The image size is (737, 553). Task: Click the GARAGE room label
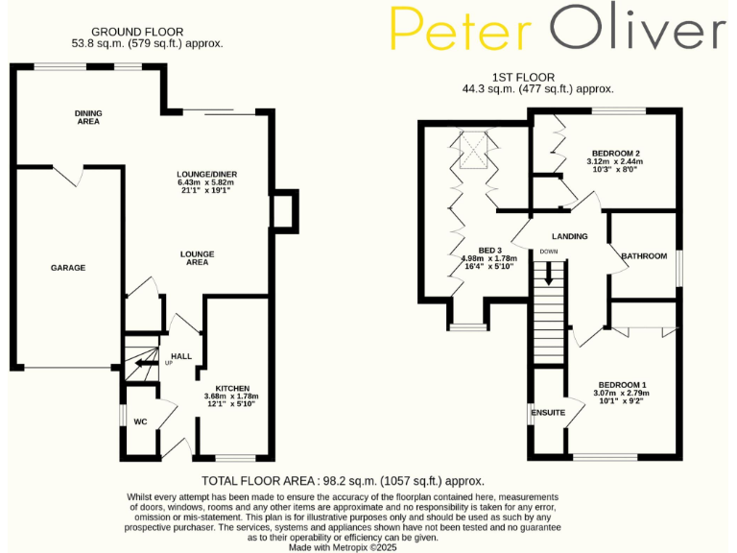coord(68,268)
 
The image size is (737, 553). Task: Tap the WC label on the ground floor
coord(140,421)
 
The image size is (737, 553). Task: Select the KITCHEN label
coord(231,388)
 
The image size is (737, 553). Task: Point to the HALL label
coord(181,356)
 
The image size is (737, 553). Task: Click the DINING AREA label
coord(88,118)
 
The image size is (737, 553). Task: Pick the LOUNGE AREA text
coord(197,257)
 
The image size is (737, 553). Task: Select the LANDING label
coord(569,236)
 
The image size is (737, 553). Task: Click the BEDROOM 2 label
coord(615,154)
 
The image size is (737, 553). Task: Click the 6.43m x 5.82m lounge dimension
coord(206,182)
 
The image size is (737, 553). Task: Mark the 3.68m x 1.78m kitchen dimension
coord(231,397)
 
